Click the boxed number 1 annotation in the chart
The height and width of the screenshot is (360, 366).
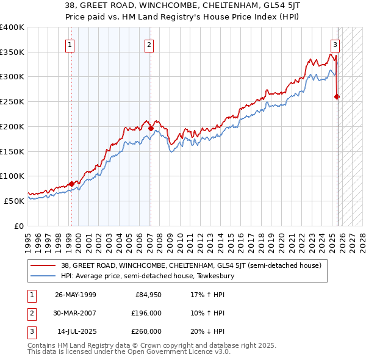click(70, 44)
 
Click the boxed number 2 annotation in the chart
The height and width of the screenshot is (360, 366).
click(149, 44)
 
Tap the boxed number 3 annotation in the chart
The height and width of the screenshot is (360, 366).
click(335, 44)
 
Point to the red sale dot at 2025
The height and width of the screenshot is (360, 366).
click(337, 96)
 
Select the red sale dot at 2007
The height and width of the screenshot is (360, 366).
click(151, 128)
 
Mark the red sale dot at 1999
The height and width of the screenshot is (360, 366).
click(71, 183)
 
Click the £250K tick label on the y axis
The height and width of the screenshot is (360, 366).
click(12, 101)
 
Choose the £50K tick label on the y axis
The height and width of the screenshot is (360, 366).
click(13, 200)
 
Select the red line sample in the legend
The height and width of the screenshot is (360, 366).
click(43, 265)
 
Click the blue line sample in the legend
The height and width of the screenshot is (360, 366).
click(43, 276)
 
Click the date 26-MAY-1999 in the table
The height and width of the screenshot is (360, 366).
click(76, 295)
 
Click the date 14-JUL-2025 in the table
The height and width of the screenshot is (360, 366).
click(76, 331)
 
